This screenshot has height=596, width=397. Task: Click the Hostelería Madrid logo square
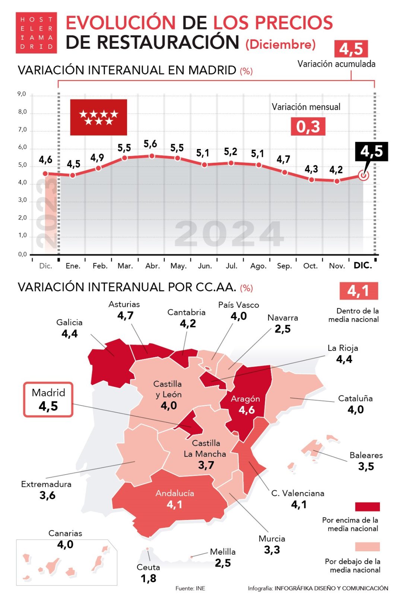(36, 33)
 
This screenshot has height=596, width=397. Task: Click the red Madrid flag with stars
(98, 117)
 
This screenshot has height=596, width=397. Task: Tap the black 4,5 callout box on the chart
(371, 151)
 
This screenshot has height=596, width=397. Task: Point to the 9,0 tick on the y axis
(22, 94)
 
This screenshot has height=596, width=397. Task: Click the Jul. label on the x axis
(231, 266)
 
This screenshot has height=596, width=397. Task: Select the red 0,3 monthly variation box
(308, 127)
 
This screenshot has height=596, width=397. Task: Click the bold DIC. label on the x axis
(363, 266)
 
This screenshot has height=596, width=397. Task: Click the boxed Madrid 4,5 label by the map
(48, 399)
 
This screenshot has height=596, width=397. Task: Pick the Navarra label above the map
(283, 318)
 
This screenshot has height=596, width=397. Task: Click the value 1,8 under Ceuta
(148, 578)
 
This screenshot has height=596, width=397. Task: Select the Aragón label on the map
(245, 399)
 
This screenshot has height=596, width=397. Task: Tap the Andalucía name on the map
(175, 493)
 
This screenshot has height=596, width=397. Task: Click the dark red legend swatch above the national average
(367, 507)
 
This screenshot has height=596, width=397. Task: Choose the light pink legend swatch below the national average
(367, 546)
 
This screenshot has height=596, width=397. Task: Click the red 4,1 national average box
(358, 291)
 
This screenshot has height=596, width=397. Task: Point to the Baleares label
(366, 455)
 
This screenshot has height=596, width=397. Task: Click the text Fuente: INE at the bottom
(190, 588)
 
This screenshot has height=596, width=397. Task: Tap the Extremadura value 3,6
(47, 495)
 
